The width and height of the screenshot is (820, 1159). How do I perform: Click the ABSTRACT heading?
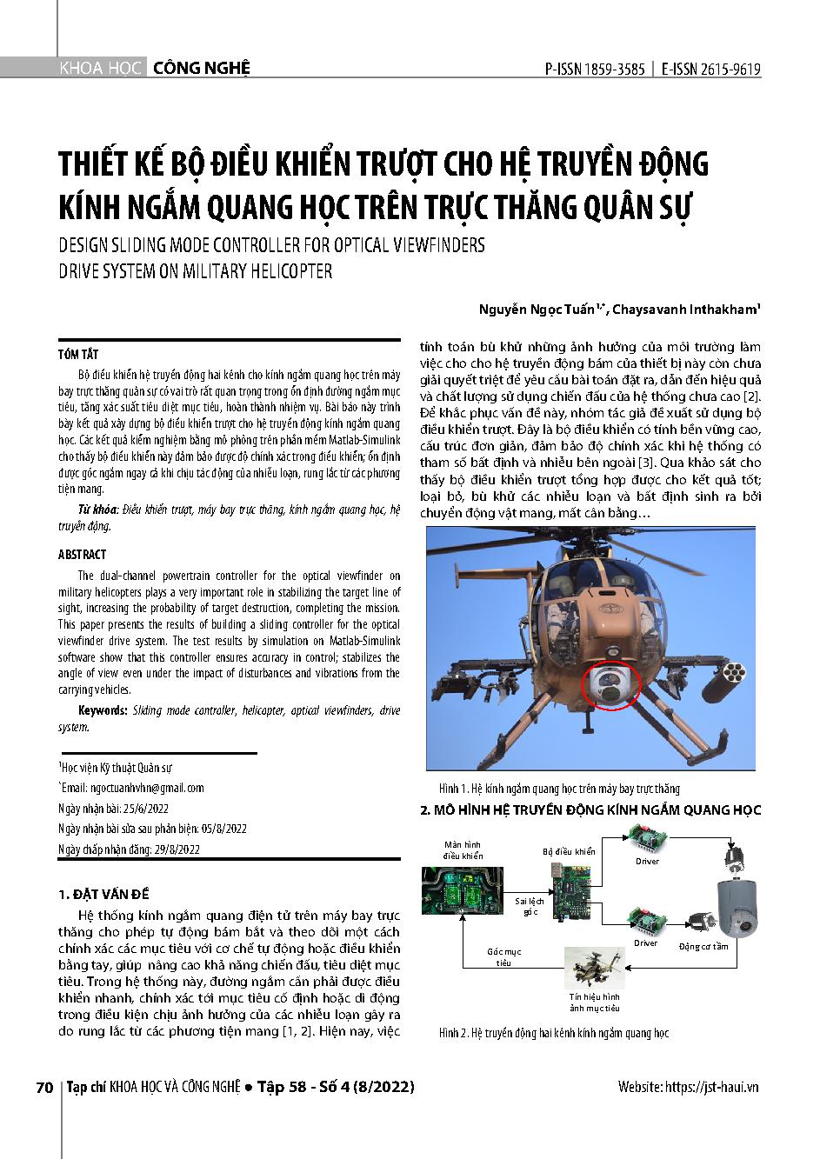click(82, 555)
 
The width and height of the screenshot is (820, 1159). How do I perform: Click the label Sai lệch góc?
click(530, 906)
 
